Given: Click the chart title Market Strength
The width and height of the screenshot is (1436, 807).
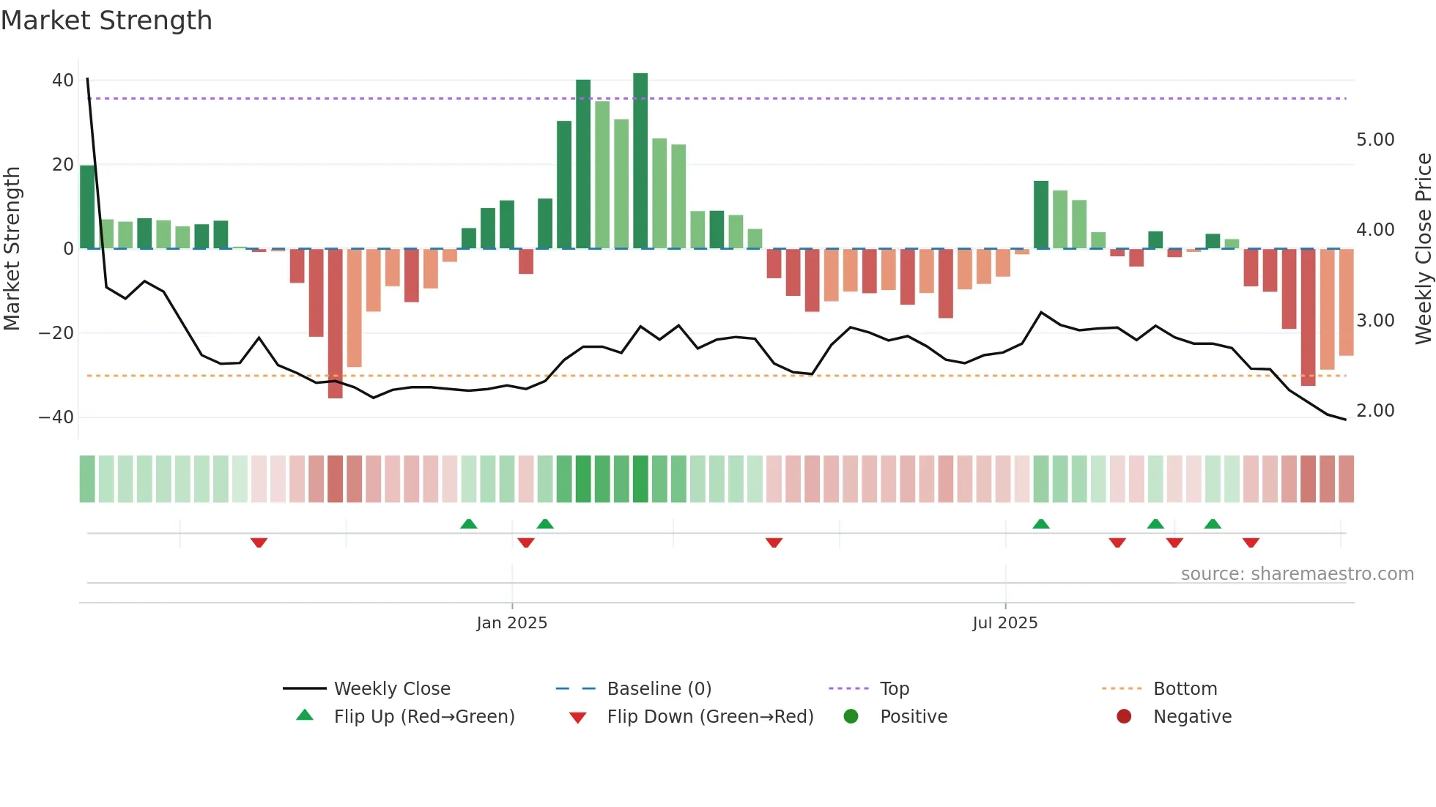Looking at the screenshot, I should point(106,21).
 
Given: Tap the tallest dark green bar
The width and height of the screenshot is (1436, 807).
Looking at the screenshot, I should point(640,161).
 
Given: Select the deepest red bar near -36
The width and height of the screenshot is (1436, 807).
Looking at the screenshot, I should point(335,324).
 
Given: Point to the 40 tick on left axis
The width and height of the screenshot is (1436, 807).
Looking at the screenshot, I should point(63,81).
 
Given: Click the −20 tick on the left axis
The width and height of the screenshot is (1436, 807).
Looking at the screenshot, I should point(56,333).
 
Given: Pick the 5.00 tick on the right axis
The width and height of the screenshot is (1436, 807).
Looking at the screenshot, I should point(1375,140).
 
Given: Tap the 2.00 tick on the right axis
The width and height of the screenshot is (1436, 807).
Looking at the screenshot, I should point(1375,411).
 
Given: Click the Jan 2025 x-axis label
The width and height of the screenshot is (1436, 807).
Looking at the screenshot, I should point(511,623).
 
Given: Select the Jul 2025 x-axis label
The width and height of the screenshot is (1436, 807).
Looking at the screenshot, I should point(1004,623).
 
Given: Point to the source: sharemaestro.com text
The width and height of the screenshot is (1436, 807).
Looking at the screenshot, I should point(1297,574).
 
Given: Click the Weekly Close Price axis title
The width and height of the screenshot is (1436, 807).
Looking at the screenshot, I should point(1423,249).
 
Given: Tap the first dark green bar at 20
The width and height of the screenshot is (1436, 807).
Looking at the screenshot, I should point(87,207).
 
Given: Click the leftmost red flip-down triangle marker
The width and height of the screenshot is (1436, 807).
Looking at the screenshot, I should point(259,543).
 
